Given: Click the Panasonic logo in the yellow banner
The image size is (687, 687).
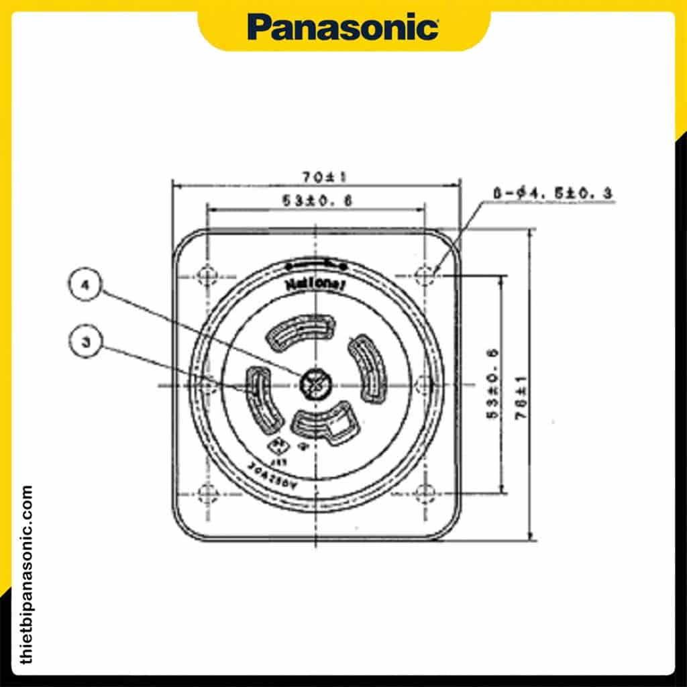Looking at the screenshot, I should click(343, 28).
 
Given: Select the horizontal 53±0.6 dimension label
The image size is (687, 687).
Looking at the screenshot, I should click(317, 200).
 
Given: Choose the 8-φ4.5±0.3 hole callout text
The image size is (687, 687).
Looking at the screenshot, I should click(553, 193).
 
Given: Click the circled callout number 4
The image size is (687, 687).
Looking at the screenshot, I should click(85, 284).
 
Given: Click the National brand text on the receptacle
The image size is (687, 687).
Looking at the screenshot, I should click(315, 284).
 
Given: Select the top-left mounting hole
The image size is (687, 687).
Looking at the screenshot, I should click(207, 275).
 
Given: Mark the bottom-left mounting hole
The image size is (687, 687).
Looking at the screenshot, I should click(207, 493).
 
